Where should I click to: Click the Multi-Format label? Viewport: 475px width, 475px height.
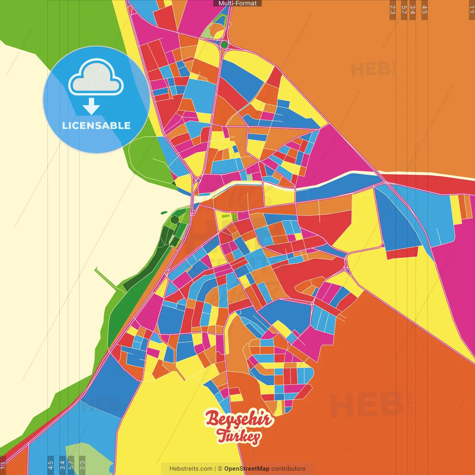pos(237,3)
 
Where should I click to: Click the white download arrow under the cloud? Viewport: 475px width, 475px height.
pos(91,107)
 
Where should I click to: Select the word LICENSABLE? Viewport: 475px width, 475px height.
pos(96,125)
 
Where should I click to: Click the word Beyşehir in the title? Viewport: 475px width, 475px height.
pos(239,419)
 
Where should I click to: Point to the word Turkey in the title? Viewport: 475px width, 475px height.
pos(239,436)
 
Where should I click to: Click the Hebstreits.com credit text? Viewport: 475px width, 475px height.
pos(191,469)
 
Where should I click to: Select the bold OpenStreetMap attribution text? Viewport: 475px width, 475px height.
pos(246,469)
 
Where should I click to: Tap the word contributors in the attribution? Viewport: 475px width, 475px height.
pos(288,469)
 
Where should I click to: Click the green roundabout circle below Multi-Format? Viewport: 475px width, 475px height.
pos(224,45)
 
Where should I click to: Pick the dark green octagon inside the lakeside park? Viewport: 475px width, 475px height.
pos(174,220)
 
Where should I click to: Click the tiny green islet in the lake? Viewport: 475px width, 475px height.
pos(164,213)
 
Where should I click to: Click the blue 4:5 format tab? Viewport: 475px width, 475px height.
pos(50,465)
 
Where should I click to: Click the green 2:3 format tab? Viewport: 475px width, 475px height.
pos(82,465)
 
